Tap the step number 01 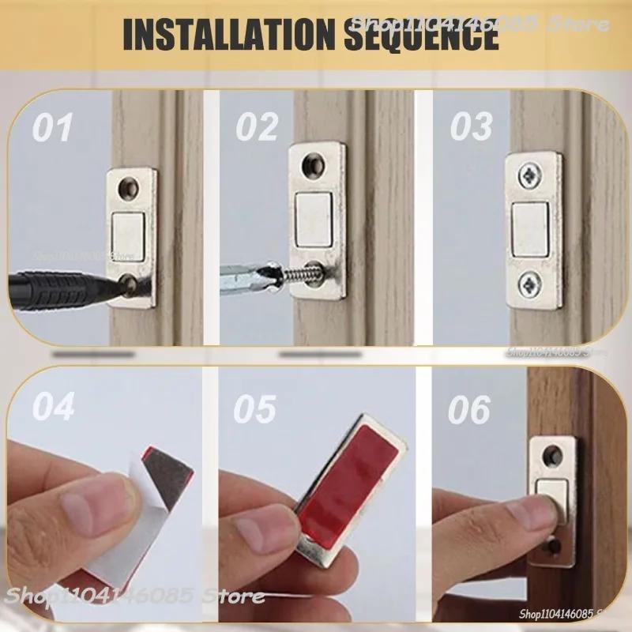(52, 128)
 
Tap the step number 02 (258, 128)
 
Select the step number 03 (471, 127)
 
